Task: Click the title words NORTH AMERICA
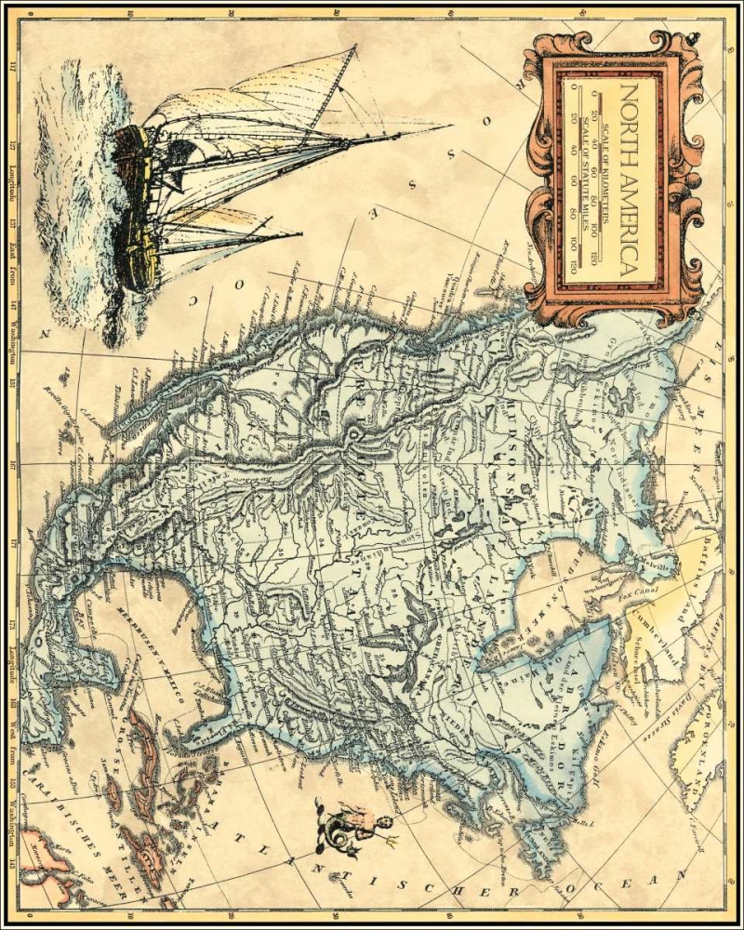pos(628,177)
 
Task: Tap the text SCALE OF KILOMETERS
pos(605,177)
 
